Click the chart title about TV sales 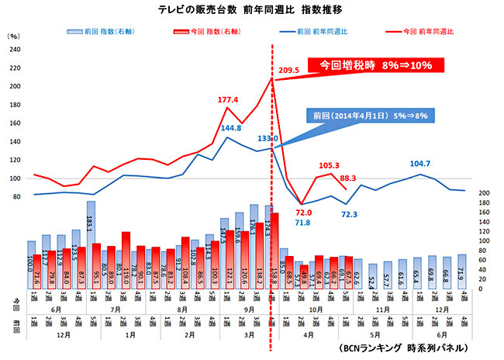[251, 10]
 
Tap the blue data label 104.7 [423, 164]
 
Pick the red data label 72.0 [302, 212]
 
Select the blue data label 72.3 [350, 213]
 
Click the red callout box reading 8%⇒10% [377, 65]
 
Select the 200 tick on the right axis [482, 192]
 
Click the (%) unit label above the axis [14, 36]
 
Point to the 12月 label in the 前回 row [47, 339]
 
